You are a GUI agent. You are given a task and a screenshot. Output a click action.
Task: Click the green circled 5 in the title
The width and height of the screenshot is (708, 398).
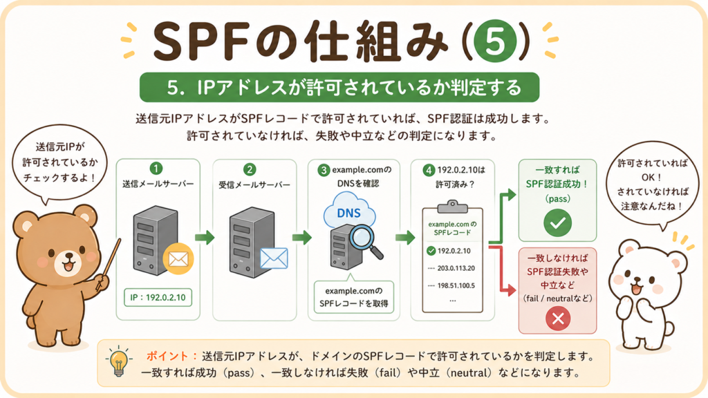tap(495, 41)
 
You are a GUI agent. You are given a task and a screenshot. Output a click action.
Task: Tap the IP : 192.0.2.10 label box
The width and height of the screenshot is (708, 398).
tap(158, 297)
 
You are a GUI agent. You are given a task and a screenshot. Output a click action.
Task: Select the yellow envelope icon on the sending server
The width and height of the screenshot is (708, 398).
tap(178, 260)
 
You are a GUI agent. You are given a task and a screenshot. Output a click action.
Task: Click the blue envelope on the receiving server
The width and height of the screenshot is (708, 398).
tap(274, 258)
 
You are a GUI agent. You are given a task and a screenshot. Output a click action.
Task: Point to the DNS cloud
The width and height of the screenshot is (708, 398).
tap(349, 211)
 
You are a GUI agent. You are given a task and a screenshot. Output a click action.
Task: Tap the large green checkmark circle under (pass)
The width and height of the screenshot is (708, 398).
tap(558, 223)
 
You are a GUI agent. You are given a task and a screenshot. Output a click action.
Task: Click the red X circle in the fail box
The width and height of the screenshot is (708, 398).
tap(558, 319)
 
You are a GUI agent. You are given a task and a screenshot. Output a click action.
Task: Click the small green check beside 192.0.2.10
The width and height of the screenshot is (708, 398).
tap(431, 251)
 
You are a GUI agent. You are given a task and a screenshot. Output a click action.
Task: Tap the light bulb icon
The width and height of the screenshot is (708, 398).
tap(119, 361)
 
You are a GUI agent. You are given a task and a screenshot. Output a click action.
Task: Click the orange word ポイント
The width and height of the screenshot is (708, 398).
tap(167, 356)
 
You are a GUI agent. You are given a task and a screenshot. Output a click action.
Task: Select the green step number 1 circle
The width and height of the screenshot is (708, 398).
tap(156, 169)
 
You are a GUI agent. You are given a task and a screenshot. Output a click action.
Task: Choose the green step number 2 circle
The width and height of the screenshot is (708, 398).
tap(250, 170)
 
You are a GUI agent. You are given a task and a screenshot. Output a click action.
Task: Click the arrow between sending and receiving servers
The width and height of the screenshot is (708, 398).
tap(205, 238)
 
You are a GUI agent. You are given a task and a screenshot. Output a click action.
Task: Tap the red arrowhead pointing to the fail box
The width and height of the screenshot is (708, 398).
tap(511, 290)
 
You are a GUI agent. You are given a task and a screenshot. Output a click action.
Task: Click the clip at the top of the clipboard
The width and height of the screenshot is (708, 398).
tap(452, 206)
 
